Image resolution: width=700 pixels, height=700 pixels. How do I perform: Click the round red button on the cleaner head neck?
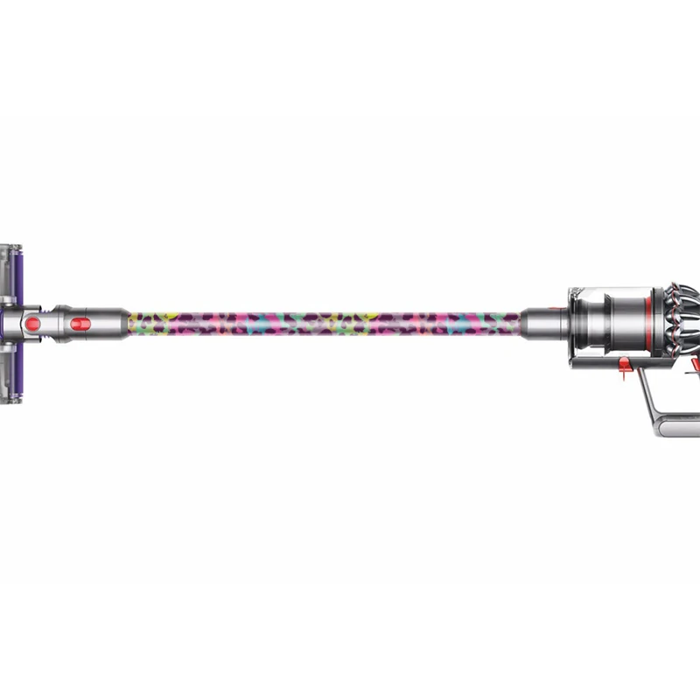33,325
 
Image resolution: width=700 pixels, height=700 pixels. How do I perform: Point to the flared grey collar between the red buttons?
58,324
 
